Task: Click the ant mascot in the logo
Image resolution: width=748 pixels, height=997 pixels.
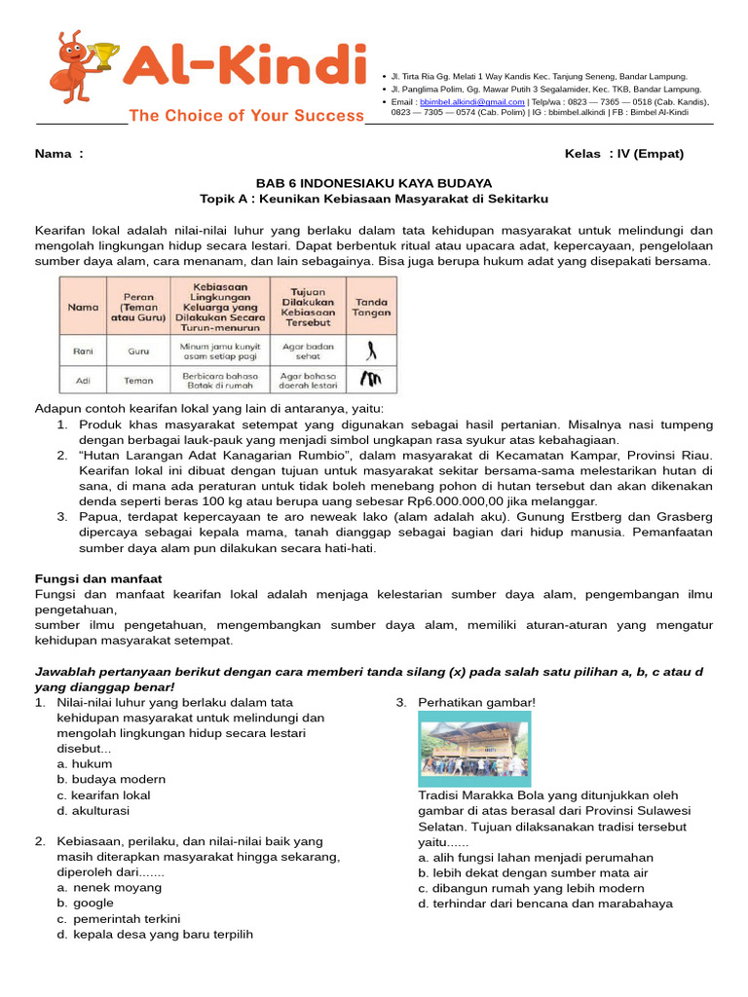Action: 83,67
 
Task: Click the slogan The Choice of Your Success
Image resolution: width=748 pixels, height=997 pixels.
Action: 245,116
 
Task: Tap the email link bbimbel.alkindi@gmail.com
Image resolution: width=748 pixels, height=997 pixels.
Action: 471,101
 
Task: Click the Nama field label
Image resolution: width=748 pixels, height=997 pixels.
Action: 58,154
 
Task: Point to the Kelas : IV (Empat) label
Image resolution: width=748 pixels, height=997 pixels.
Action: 623,154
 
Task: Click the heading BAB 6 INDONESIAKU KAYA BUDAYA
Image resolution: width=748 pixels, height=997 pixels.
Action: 373,183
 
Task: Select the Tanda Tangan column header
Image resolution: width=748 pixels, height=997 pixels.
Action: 371,307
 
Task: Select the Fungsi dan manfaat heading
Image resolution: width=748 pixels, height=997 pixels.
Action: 98,578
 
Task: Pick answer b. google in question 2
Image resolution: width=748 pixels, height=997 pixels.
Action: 86,903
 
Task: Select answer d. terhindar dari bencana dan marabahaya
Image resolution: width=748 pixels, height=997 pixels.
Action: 545,904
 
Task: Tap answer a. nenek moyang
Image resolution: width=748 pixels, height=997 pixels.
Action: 109,887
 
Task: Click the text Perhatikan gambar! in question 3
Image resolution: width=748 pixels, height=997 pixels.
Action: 476,702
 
